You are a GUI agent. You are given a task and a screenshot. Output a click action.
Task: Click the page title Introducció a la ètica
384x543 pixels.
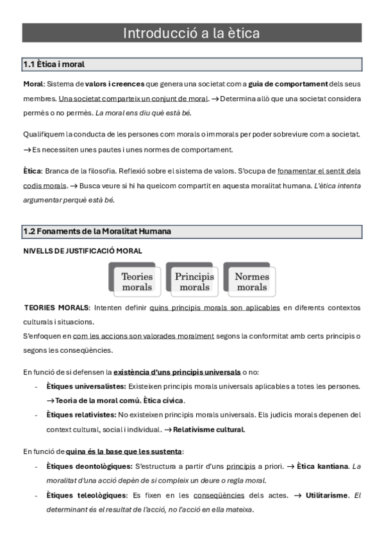pos(192,33)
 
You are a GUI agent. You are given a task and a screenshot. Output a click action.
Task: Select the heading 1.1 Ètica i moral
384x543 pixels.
pos(54,64)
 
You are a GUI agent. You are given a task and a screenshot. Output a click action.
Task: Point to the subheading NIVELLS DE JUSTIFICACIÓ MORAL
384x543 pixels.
pos(82,251)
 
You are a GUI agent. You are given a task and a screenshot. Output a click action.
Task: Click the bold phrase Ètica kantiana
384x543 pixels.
pos(322,466)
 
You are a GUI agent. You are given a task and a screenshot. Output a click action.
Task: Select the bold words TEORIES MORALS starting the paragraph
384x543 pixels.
pos(56,308)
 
